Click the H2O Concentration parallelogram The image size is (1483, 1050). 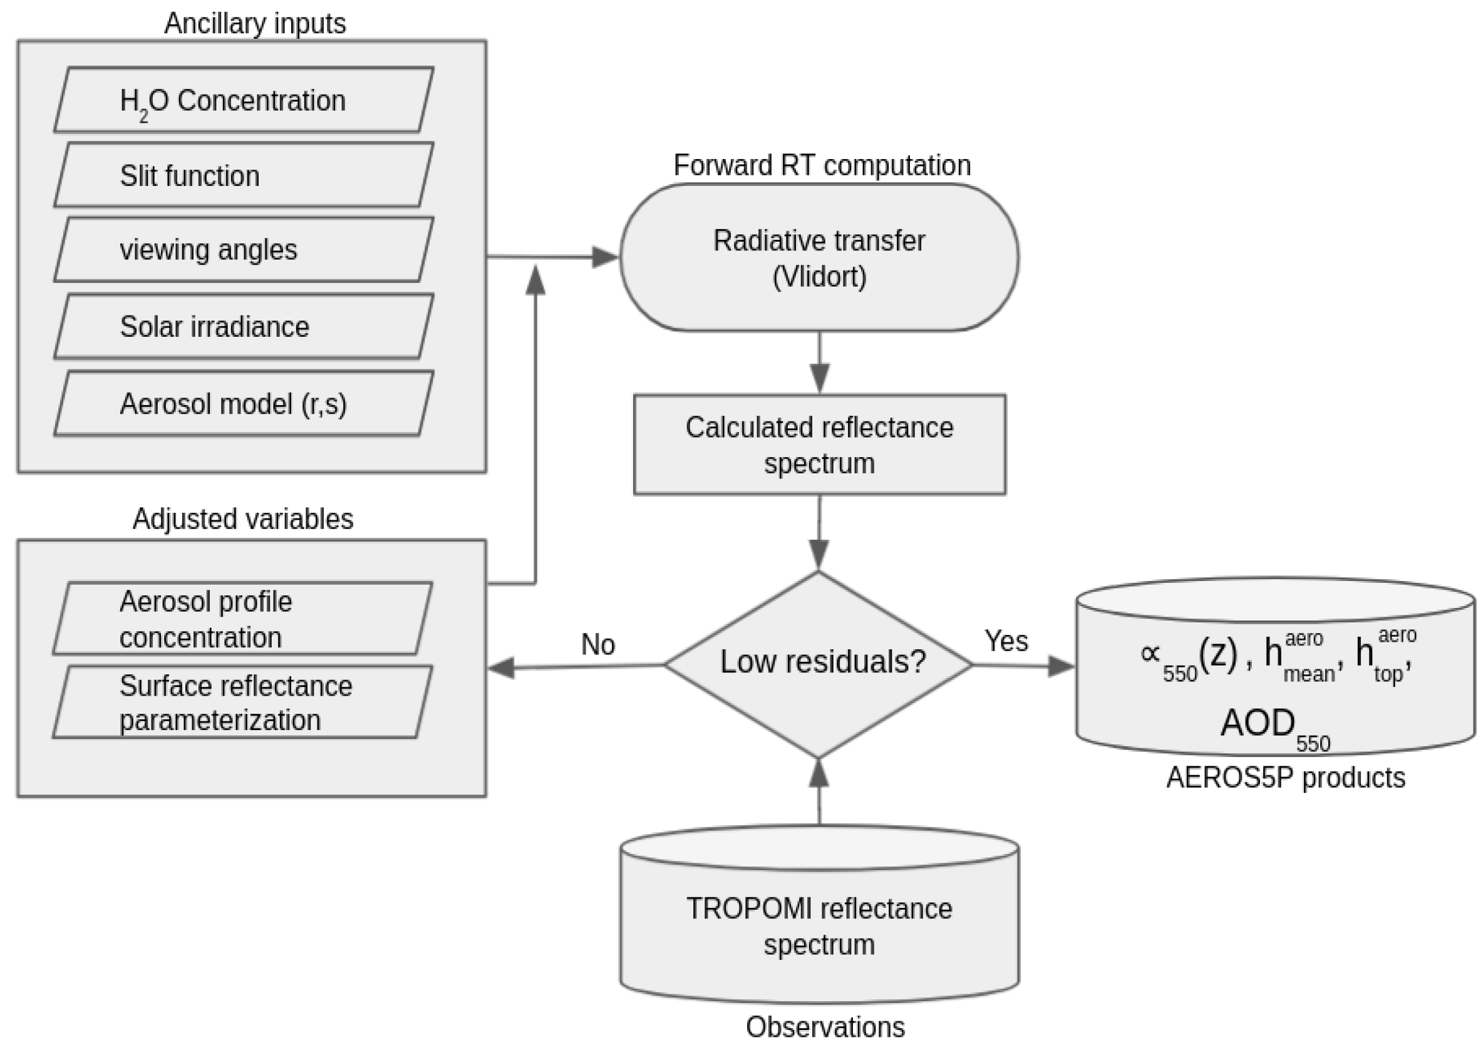243,100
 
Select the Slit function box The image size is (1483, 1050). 243,175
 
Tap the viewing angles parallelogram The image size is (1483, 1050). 243,250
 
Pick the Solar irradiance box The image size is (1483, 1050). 243,326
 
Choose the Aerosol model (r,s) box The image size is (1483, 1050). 243,403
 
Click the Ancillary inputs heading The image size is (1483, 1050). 255,24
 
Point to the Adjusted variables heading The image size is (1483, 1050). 242,519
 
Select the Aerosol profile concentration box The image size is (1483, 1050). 242,619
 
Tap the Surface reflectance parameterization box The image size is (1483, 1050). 242,702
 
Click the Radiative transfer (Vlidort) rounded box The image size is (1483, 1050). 819,258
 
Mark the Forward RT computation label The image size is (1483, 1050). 822,165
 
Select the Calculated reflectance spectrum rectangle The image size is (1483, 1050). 819,445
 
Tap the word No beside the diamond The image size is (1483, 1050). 597,645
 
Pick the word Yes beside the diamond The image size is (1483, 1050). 1006,641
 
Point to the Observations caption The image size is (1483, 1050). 825,1027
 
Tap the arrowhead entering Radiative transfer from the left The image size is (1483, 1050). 606,257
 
